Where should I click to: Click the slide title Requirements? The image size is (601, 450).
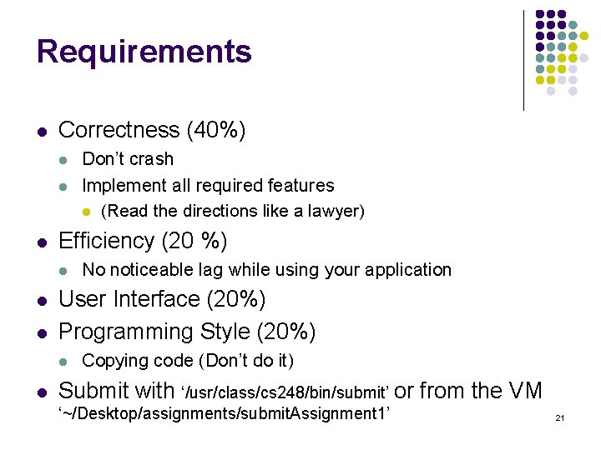click(144, 52)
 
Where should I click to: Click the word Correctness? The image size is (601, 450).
click(119, 130)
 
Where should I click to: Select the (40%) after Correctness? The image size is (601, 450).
click(216, 130)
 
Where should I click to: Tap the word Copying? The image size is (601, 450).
click(112, 361)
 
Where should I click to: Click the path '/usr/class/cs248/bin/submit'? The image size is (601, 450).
click(285, 392)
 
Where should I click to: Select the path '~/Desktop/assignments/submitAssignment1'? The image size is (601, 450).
click(224, 414)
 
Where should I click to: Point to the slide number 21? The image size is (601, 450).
click(560, 417)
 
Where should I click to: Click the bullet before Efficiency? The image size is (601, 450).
click(41, 242)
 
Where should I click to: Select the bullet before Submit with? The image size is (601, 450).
click(41, 391)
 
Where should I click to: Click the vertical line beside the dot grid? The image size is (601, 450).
click(523, 60)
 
